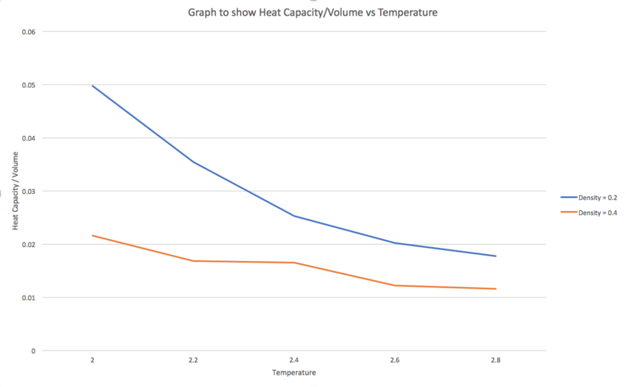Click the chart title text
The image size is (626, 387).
pyautogui.click(x=313, y=13)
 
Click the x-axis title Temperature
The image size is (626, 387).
pyautogui.click(x=293, y=374)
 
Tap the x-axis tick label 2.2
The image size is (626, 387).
pyautogui.click(x=192, y=361)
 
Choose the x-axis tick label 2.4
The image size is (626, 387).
pyautogui.click(x=293, y=361)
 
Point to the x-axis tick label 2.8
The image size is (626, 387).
pyautogui.click(x=496, y=361)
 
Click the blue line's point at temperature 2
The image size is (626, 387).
pyautogui.click(x=92, y=85)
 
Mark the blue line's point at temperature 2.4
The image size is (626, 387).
pyautogui.click(x=293, y=216)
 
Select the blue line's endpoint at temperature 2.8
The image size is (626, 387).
pyautogui.click(x=496, y=256)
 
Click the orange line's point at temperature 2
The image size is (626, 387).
pyautogui.click(x=92, y=235)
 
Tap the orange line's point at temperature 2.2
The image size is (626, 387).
pyautogui.click(x=192, y=261)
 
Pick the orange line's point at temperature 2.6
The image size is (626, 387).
pyautogui.click(x=394, y=285)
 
